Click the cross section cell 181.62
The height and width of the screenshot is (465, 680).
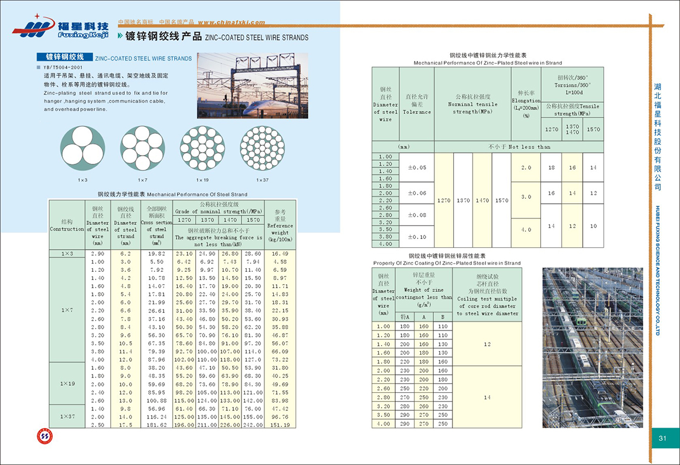[x=157, y=424]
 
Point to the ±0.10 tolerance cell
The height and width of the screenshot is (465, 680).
[x=417, y=237]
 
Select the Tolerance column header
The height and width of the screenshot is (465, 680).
[x=417, y=104]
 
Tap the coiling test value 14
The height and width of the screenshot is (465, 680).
[x=487, y=397]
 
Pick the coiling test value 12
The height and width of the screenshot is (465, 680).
[x=487, y=344]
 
